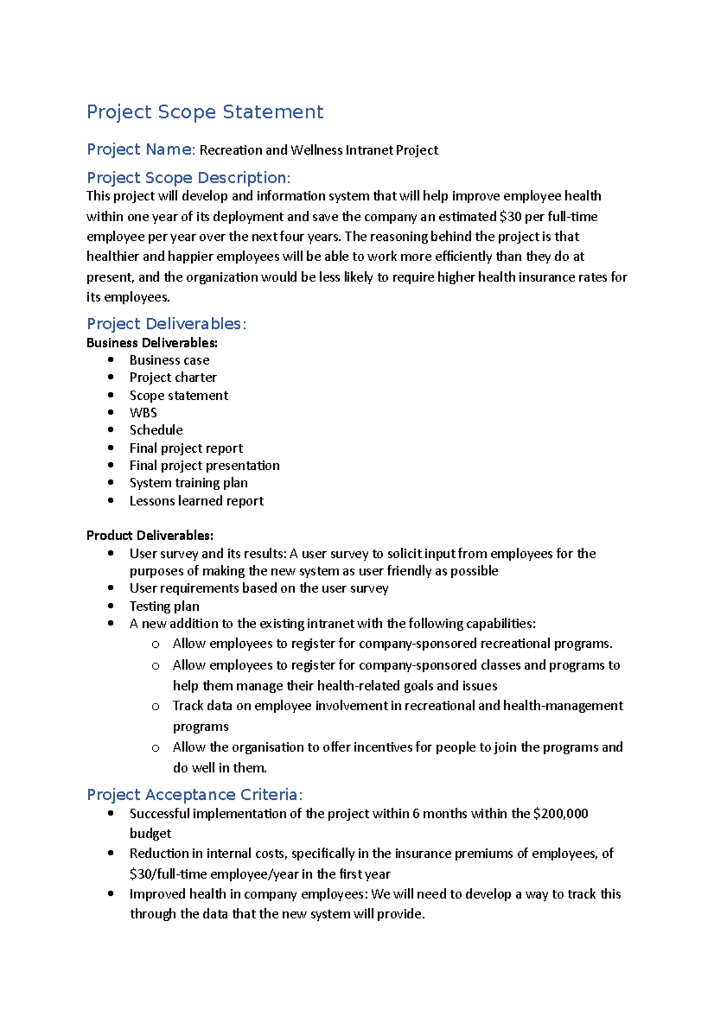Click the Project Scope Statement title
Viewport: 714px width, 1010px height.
(x=205, y=112)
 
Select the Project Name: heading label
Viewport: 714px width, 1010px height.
(x=140, y=149)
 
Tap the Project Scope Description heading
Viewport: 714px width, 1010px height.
(x=188, y=178)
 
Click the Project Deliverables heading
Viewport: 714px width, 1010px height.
(x=166, y=324)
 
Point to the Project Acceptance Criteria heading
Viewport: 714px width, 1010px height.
(x=195, y=795)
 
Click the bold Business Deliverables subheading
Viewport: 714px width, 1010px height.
(x=152, y=343)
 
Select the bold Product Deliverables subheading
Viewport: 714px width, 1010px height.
(x=149, y=535)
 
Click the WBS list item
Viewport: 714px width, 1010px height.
(x=143, y=413)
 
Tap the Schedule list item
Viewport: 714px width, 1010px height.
(x=156, y=430)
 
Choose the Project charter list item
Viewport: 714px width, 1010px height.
(x=173, y=378)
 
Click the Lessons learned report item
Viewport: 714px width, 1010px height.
(x=196, y=501)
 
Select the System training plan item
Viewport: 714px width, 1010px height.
(x=189, y=483)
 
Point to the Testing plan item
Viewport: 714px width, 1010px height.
(x=164, y=606)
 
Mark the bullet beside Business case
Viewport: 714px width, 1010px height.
(x=111, y=360)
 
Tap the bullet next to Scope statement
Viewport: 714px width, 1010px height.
(x=111, y=395)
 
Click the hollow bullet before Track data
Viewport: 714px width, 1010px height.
(x=155, y=707)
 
